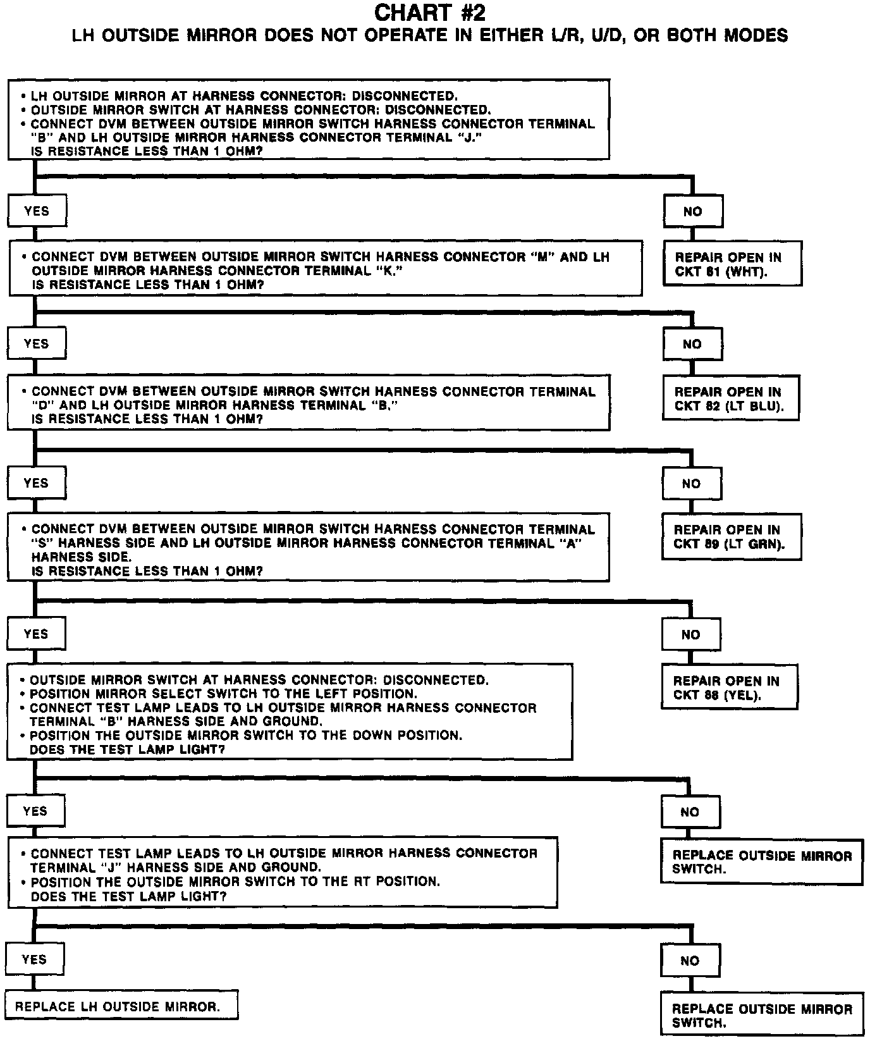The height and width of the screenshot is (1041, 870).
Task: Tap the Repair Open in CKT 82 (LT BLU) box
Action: coord(730,398)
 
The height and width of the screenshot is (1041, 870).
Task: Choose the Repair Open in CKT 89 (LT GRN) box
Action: coord(731,537)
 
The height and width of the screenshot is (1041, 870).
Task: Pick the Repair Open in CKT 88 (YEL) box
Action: coord(728,687)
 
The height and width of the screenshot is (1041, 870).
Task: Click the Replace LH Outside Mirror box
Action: coord(121,1006)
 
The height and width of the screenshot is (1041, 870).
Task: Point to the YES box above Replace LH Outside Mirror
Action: coord(34,959)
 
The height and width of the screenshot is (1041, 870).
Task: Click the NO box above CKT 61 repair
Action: coord(692,212)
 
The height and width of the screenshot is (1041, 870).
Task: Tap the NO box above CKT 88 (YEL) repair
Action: coord(690,635)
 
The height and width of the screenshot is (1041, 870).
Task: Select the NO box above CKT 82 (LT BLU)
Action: coord(692,345)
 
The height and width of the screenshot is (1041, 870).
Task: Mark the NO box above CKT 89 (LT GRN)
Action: coord(691,484)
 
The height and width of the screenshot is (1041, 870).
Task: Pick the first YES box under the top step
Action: coord(36,211)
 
